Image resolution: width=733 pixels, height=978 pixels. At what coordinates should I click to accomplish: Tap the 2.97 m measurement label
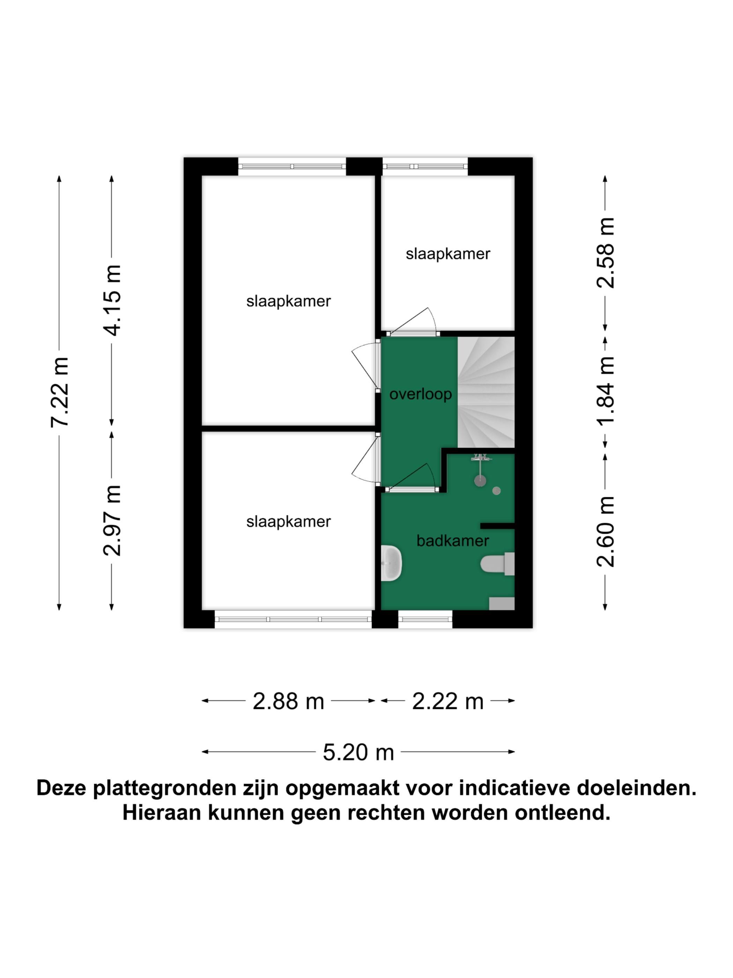(x=111, y=520)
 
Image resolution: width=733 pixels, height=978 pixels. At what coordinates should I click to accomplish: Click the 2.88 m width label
(x=288, y=701)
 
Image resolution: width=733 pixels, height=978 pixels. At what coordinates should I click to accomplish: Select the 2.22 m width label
(x=447, y=701)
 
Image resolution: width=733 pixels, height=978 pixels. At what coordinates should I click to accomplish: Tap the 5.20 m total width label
(x=358, y=752)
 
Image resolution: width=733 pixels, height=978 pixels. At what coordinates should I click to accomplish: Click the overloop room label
(x=420, y=394)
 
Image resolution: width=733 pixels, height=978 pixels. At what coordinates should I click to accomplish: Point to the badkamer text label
(x=452, y=540)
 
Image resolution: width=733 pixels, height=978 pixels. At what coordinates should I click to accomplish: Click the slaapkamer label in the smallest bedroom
(x=447, y=254)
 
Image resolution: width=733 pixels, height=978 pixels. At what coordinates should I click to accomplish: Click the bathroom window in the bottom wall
(x=425, y=619)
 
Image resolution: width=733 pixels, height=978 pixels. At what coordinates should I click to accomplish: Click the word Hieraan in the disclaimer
(x=161, y=813)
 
